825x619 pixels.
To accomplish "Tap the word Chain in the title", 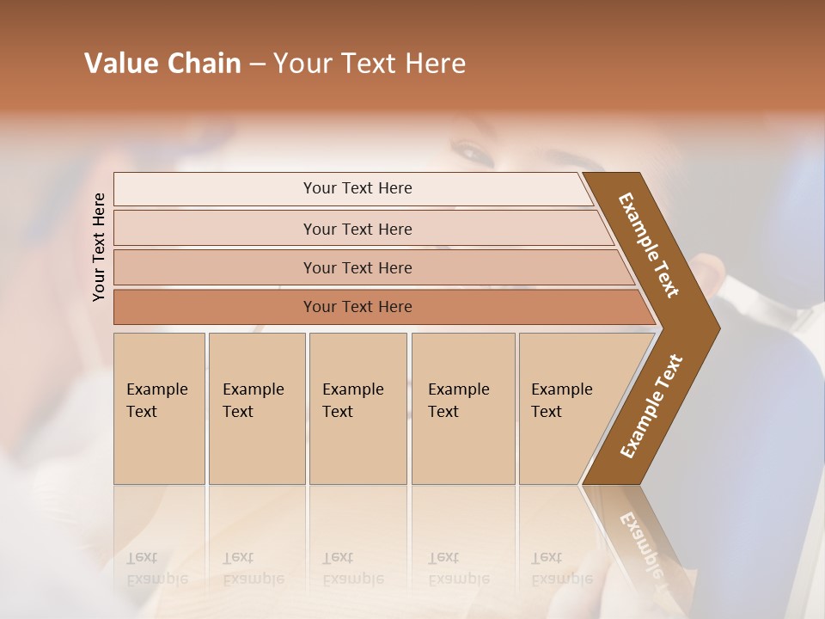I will point(205,64).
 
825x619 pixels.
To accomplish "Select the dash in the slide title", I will point(257,64).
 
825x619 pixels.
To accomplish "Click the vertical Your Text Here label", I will point(99,248).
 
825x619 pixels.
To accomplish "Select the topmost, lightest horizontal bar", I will point(357,188).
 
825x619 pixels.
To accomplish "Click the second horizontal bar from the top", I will point(357,229).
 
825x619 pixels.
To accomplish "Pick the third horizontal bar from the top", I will point(357,267).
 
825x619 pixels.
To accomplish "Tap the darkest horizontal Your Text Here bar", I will point(357,307).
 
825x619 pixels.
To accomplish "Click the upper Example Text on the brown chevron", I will point(649,245).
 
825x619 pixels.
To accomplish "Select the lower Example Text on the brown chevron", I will point(651,406).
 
